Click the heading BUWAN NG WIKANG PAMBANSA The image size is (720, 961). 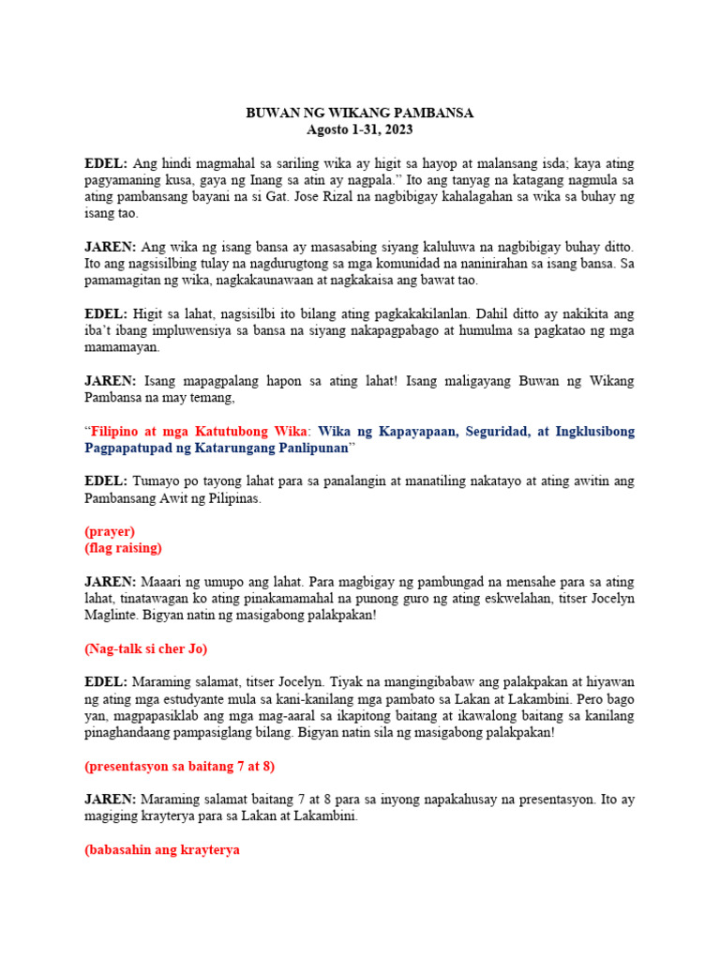tap(359, 113)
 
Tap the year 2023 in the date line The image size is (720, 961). tap(397, 130)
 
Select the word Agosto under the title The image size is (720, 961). tap(327, 130)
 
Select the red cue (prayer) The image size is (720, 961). tap(110, 531)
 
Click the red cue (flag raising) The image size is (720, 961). tap(123, 548)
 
